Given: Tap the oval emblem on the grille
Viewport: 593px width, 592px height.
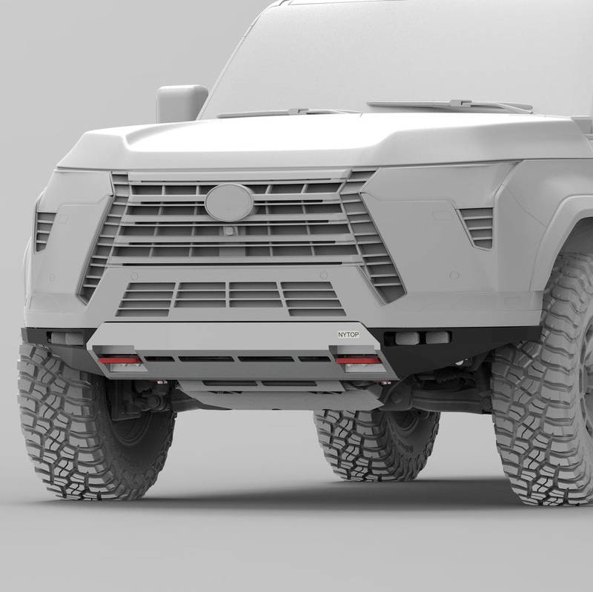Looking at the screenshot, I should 229,202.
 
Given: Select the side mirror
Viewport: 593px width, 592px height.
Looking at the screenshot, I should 181,103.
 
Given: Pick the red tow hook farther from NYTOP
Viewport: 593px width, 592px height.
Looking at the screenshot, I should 119,359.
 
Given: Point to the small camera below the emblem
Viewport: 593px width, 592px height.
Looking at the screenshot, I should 231,230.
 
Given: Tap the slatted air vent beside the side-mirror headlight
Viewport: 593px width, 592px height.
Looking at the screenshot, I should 45,230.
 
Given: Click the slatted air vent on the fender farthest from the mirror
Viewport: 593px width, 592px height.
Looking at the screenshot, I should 477,226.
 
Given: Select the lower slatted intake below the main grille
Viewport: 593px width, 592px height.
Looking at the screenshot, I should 230,298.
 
